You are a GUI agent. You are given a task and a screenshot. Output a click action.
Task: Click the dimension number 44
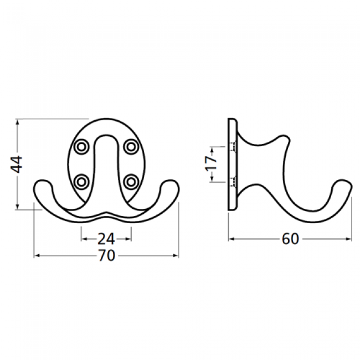16,164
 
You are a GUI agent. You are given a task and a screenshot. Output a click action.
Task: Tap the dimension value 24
106,239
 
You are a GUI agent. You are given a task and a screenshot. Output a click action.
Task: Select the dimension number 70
106,255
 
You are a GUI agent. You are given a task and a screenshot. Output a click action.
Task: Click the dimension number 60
290,239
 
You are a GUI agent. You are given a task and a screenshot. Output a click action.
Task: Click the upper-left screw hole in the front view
81,146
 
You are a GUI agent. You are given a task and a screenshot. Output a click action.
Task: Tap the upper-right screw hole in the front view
131,146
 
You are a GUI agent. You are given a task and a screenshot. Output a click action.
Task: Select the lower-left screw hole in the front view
81,182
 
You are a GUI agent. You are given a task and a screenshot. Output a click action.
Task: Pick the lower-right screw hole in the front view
131,182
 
